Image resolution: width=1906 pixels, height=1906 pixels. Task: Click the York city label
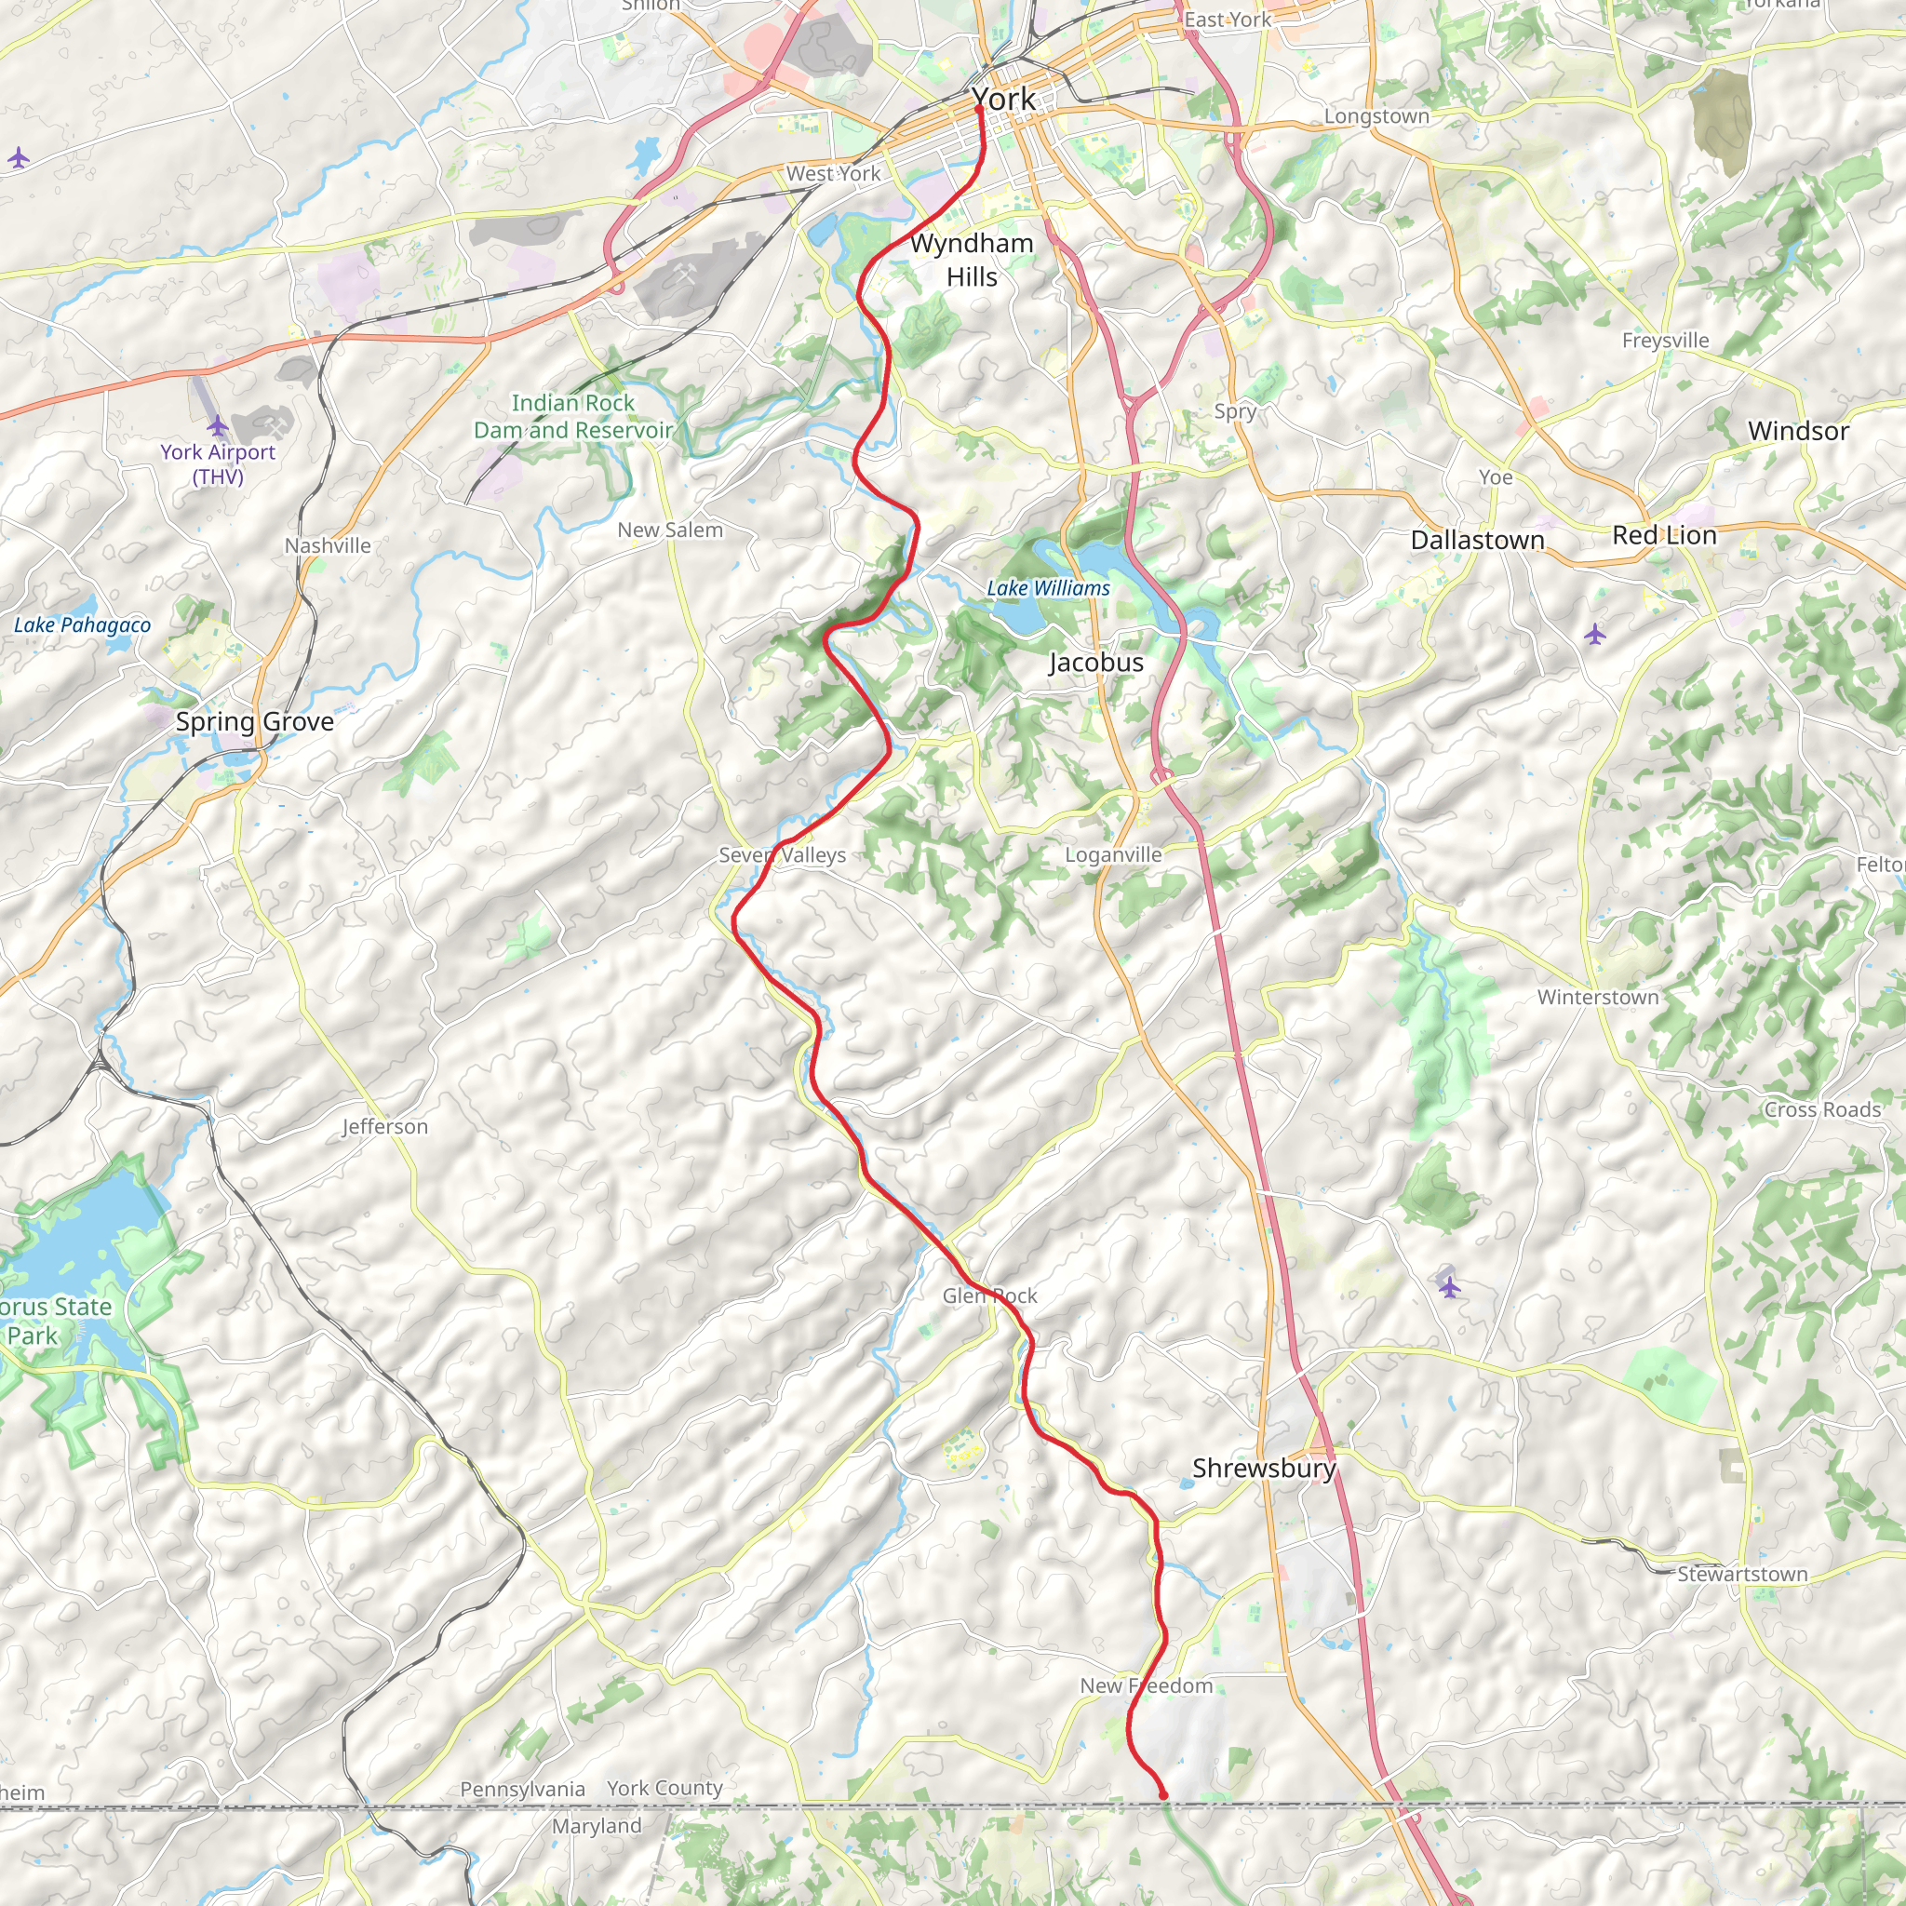click(1003, 100)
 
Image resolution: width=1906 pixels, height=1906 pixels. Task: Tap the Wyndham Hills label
click(972, 261)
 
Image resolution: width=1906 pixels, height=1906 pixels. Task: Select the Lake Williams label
click(1049, 588)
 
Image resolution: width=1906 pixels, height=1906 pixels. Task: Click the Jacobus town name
click(1095, 662)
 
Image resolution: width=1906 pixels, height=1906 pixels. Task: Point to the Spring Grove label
click(254, 721)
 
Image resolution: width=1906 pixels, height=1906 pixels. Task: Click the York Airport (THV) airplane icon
click(218, 426)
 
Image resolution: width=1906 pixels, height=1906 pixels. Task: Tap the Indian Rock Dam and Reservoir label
click(573, 416)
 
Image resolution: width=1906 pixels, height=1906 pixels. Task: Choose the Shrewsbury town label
click(1263, 1468)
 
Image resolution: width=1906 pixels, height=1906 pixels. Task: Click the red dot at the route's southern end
click(1162, 1794)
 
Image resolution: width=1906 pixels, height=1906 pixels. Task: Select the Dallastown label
click(1477, 540)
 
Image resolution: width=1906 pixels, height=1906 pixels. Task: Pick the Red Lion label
click(1664, 535)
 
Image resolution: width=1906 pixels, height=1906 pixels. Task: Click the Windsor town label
click(1797, 431)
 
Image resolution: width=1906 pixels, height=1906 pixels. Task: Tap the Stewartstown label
click(1742, 1574)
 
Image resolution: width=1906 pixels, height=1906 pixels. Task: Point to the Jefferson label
click(384, 1127)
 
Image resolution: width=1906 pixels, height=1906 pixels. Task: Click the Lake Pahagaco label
click(82, 624)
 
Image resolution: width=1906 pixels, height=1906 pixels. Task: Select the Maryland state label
click(596, 1826)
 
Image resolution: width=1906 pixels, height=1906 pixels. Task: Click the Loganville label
click(1113, 854)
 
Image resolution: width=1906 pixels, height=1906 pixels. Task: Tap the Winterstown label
click(1597, 997)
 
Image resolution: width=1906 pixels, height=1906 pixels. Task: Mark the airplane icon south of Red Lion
click(1595, 635)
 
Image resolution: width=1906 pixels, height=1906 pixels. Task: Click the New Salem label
click(670, 530)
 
